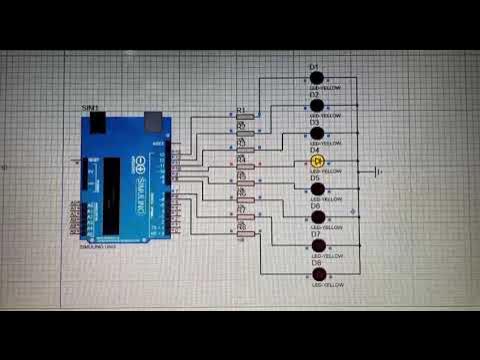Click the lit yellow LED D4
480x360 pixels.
318,160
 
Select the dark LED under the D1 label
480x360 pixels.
316,77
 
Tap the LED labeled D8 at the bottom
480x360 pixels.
318,274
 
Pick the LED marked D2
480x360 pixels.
317,104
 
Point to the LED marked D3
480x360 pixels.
317,132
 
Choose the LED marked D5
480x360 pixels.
317,188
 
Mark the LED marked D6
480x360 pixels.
317,216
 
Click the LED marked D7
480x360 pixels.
317,245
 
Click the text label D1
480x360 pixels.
313,66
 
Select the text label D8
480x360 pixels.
314,262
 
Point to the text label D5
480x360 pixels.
314,177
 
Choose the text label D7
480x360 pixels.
314,234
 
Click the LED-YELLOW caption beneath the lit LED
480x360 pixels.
326,172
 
